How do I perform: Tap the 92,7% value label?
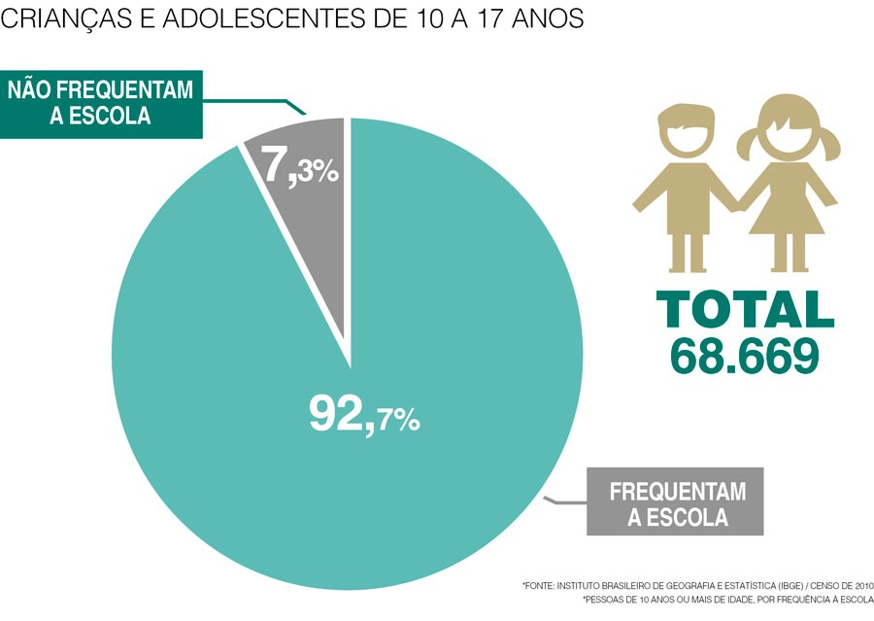pos(364,415)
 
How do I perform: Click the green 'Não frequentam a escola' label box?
pos(101,103)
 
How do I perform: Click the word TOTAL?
pos(745,308)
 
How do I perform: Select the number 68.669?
pos(745,356)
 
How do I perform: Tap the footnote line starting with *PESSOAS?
pos(728,601)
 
